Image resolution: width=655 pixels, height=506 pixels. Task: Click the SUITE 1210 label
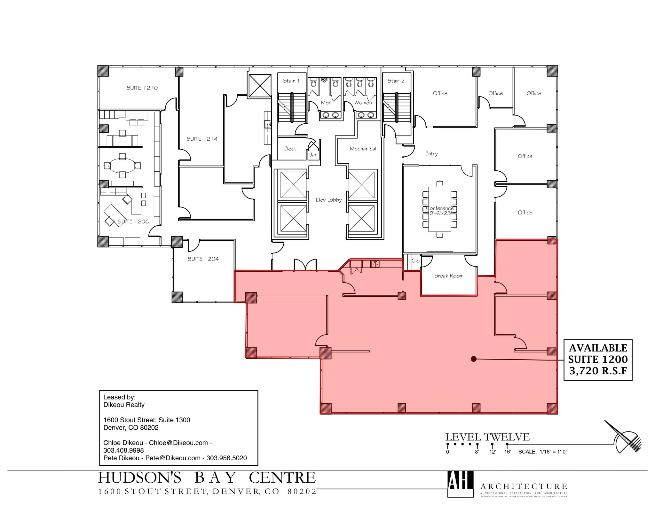[x=142, y=88]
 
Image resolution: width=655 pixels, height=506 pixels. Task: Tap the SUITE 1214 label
[x=202, y=139]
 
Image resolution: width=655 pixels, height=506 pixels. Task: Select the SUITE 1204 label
[x=203, y=259]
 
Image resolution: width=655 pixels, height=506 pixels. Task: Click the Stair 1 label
[x=291, y=81]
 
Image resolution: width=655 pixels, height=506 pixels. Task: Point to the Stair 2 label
[x=396, y=81]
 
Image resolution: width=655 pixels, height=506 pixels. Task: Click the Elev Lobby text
[x=329, y=200]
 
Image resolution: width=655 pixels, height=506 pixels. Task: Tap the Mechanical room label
[x=363, y=149]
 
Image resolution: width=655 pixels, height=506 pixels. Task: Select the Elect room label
[x=290, y=149]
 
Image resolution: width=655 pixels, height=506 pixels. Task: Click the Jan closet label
[x=313, y=155]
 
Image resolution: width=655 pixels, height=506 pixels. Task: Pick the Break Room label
[x=449, y=276]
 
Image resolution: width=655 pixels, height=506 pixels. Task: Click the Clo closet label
[x=415, y=261]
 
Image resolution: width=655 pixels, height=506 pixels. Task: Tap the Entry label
[x=431, y=154]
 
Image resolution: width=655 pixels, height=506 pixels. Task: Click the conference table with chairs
[x=440, y=209]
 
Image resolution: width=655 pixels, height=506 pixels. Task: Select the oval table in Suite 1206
[x=122, y=166]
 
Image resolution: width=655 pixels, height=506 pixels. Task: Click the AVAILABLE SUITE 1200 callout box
[x=598, y=360]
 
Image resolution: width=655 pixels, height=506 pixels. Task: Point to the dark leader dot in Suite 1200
[x=474, y=359]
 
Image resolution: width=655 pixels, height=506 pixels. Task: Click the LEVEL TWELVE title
[x=487, y=437]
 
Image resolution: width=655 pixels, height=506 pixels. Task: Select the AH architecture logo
[x=460, y=484]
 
